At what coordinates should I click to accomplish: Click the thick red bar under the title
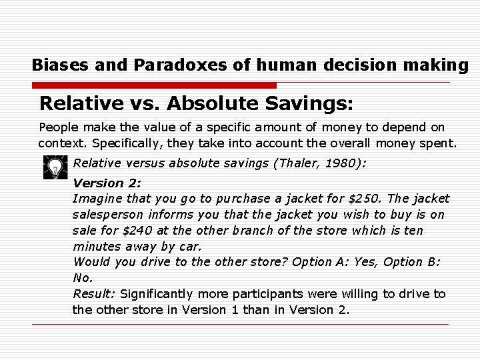click(155, 86)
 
